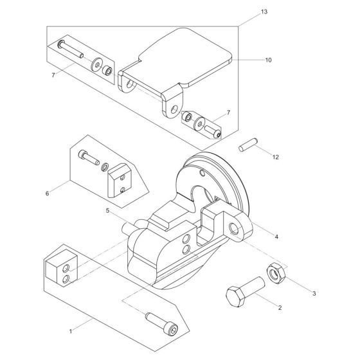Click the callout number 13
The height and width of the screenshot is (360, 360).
pos(246,12)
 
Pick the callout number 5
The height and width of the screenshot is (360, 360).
pos(108,211)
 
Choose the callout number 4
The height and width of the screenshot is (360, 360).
pos(276,236)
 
